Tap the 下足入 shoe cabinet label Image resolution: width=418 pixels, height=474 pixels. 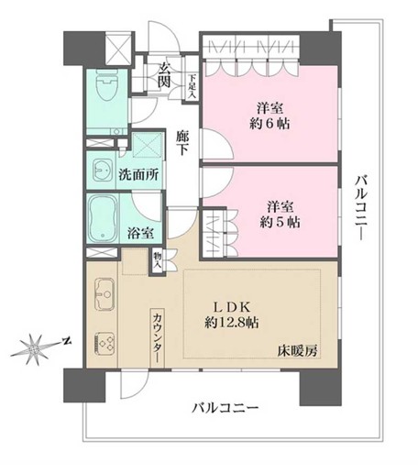tap(192, 86)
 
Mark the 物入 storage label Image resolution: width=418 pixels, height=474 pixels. tap(157, 259)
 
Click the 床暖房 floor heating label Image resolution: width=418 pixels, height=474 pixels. tap(299, 350)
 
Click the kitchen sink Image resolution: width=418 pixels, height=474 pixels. tap(102, 295)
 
